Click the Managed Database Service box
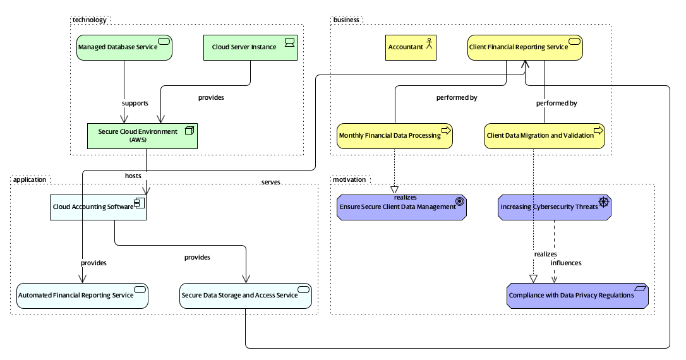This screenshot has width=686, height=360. (x=124, y=47)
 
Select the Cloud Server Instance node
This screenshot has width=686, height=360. (x=250, y=47)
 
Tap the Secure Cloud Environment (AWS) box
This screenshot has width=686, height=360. (x=142, y=136)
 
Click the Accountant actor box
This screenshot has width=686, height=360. (x=411, y=47)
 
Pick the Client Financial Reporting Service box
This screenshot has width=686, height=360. (x=524, y=47)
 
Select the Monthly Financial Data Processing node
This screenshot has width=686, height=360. (x=395, y=136)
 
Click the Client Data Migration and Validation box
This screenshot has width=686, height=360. (x=544, y=136)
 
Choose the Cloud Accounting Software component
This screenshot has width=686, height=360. (x=98, y=207)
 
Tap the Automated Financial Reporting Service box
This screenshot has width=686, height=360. (x=82, y=296)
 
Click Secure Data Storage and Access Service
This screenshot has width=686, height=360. (x=246, y=296)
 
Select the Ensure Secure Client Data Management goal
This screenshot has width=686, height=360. (x=402, y=207)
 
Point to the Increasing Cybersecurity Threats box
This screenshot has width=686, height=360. (x=554, y=207)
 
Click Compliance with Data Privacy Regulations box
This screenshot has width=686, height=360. (x=577, y=296)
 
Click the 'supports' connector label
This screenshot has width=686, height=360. (x=135, y=103)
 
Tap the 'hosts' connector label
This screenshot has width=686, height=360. (x=133, y=175)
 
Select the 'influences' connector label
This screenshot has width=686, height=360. (x=566, y=263)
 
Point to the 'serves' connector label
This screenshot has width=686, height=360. (x=270, y=182)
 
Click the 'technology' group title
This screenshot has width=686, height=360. (x=89, y=20)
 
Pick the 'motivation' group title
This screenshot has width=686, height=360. (x=349, y=179)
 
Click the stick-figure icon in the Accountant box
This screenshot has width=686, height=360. (x=429, y=43)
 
